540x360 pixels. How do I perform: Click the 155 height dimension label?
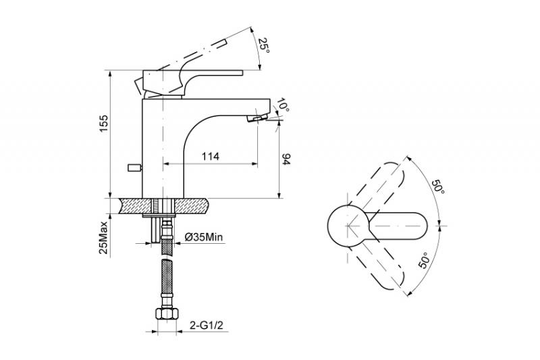[x=104, y=123]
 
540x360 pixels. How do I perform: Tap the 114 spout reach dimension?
[x=210, y=157]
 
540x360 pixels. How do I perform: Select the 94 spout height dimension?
[x=286, y=159]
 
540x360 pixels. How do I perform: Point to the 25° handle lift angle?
[x=264, y=45]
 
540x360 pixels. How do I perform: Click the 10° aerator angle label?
[x=282, y=105]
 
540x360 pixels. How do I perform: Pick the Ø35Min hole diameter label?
[x=204, y=237]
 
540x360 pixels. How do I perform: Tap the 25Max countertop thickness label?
[x=104, y=237]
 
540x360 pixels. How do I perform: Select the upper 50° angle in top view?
[x=438, y=186]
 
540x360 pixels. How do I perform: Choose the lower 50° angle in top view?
[x=424, y=260]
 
